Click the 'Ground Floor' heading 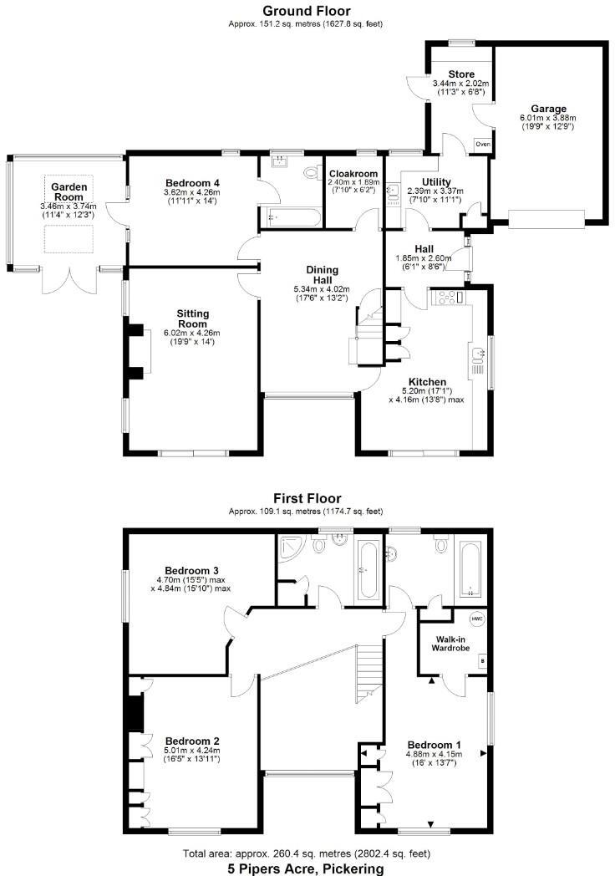coord(307,11)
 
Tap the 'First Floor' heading coord(307,498)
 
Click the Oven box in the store coord(483,144)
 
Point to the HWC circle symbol coord(477,619)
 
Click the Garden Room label coord(69,191)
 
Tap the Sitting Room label coord(192,318)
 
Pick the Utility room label coord(437,182)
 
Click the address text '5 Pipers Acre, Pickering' coord(307,868)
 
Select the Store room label coord(461,74)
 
